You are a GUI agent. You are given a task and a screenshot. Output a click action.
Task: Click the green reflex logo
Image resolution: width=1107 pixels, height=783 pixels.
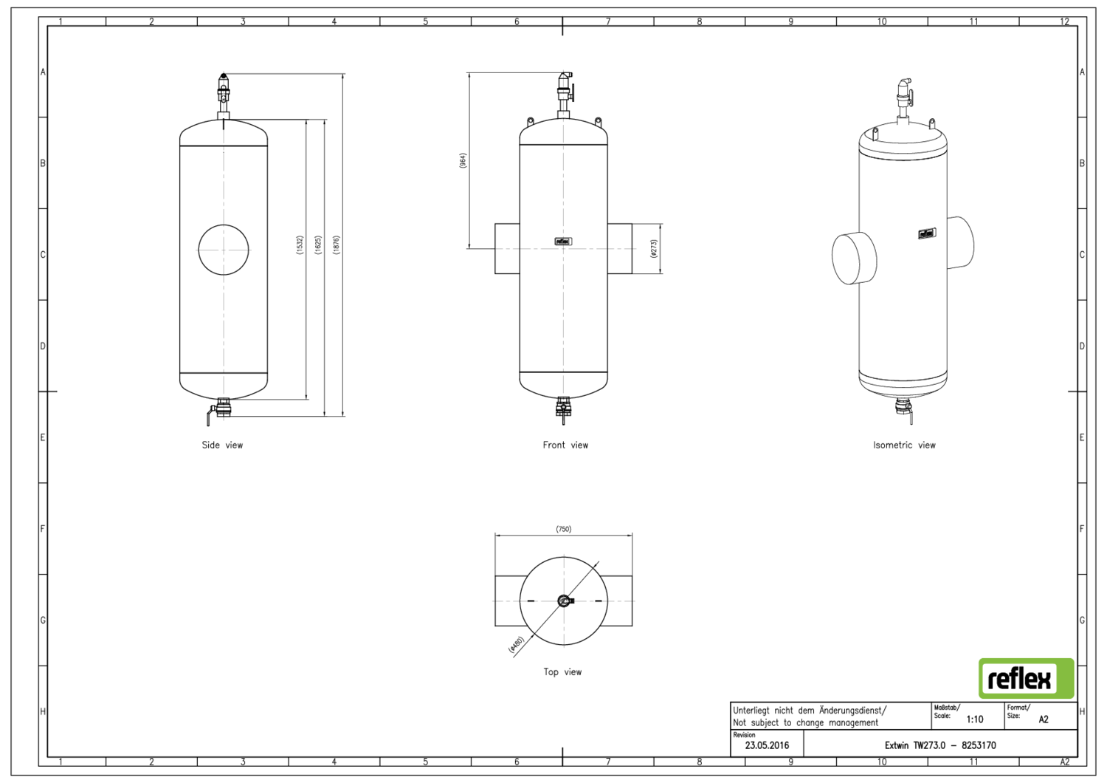point(1026,678)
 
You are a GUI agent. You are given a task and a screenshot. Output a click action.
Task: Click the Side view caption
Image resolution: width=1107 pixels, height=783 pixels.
point(222,445)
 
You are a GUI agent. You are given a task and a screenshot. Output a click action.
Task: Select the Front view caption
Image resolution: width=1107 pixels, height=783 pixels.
point(565,445)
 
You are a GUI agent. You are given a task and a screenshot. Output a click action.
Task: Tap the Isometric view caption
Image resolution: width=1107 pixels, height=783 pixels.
point(904,445)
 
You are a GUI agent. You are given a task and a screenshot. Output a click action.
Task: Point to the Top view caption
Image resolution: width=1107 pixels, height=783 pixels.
point(562,671)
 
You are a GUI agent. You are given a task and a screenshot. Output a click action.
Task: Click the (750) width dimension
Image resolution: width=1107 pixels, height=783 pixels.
point(563,529)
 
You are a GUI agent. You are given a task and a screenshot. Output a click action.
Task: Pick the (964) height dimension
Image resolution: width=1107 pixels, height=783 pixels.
point(463,160)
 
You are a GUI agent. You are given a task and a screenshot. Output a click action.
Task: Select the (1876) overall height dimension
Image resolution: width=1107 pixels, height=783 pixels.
point(337,245)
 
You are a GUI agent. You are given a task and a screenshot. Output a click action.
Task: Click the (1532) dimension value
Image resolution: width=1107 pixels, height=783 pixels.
point(300,245)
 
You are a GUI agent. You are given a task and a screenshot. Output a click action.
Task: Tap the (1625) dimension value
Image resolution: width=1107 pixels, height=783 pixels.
point(318,245)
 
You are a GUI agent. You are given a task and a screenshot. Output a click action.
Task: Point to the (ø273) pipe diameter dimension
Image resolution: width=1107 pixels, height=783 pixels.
point(653,248)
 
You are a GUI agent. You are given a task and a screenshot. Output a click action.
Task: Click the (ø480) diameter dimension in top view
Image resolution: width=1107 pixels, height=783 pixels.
point(517,645)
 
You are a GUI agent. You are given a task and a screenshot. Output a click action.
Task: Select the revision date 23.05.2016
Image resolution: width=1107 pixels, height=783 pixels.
point(767,745)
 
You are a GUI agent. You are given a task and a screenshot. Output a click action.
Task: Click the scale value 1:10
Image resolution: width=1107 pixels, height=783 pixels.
point(974,719)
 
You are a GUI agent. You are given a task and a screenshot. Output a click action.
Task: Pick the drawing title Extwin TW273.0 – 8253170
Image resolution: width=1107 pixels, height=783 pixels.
point(940,745)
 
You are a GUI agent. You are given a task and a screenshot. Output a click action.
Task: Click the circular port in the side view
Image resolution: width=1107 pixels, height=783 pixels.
point(224,250)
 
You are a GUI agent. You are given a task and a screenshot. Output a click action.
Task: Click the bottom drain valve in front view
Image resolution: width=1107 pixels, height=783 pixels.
point(564,408)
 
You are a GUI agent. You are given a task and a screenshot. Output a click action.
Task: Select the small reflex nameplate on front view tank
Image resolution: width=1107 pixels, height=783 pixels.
point(563,241)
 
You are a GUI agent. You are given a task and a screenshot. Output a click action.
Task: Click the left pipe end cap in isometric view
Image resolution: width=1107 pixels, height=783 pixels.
point(854,258)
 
